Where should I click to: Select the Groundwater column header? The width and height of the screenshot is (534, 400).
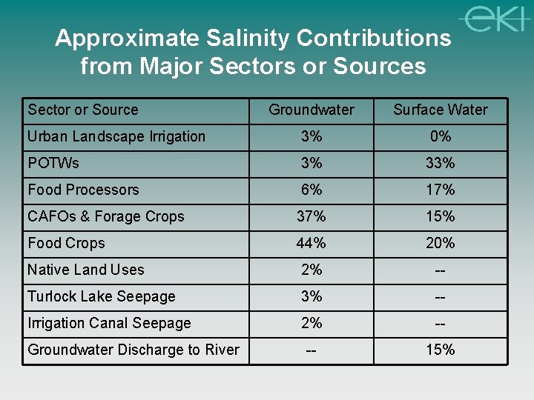coord(311,110)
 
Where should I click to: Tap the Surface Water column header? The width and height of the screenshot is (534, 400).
coord(441,110)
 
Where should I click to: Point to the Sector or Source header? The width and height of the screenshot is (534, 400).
coord(83,110)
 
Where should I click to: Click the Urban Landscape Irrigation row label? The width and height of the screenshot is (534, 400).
coord(116,137)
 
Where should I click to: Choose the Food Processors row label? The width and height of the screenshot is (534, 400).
coord(83,190)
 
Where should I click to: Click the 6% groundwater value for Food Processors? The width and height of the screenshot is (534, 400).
coord(311,190)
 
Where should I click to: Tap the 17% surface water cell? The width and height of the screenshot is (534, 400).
coord(441,190)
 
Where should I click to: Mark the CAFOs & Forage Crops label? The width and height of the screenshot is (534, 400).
coord(106,217)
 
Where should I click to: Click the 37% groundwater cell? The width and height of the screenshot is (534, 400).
coord(311,217)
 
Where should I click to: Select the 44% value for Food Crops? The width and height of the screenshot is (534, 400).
coord(311,244)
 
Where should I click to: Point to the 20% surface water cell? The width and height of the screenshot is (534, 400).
coord(441,244)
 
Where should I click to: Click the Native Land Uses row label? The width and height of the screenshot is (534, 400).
coord(86,270)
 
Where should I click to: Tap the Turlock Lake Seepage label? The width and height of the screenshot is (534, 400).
coord(102,297)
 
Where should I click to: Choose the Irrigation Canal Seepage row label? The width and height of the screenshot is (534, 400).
coord(109,324)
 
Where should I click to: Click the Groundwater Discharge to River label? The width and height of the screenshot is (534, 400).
coord(133,350)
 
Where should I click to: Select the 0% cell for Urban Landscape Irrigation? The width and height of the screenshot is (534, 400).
coord(441,137)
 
